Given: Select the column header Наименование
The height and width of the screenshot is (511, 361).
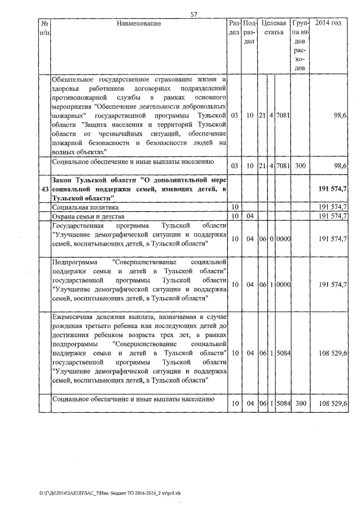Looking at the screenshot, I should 139,24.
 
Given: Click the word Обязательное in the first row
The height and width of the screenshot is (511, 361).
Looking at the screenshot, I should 73,80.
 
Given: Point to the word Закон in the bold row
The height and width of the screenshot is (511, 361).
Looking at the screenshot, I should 62,179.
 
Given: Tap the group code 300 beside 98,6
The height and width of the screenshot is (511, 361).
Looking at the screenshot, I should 300,165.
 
